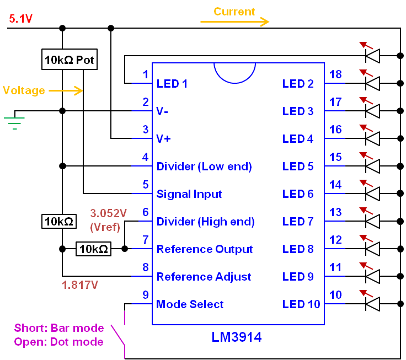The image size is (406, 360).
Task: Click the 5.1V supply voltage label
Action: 21,19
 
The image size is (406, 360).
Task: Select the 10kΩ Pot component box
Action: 70,60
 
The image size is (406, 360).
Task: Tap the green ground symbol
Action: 15,121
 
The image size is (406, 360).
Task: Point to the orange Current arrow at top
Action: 234,22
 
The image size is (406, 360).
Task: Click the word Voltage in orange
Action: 24,90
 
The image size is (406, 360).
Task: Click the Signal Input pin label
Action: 189,194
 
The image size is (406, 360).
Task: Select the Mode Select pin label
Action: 190,304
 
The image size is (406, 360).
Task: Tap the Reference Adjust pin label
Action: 204,277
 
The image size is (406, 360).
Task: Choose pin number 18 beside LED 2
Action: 335,74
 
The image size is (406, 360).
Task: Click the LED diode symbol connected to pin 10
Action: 373,304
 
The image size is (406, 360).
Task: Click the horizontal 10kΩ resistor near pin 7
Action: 93,249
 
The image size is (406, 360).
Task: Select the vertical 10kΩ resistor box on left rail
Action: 58,222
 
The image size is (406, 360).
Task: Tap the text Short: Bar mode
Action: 59,328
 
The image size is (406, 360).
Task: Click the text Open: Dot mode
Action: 58,342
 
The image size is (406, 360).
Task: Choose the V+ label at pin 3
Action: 164,139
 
